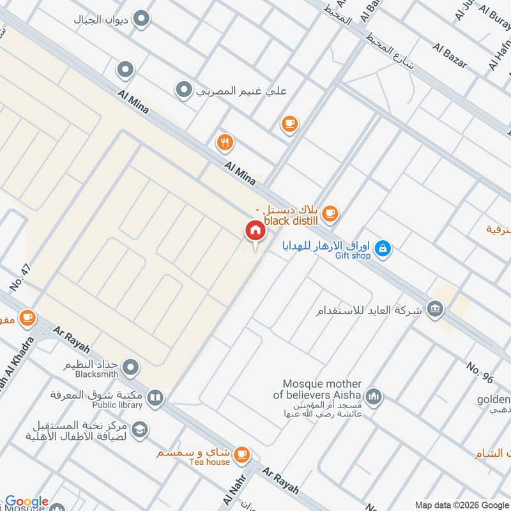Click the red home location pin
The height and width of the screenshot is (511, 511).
click(255, 230)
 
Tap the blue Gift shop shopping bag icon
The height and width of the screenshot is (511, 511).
click(383, 248)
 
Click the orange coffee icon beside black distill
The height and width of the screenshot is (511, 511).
click(330, 213)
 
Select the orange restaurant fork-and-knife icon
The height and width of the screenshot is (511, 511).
click(224, 142)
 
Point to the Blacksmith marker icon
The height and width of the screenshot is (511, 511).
click(132, 367)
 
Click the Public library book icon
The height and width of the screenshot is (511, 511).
click(154, 399)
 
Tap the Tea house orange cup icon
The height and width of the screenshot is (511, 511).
click(241, 454)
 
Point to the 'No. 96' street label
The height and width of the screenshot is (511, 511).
click(480, 372)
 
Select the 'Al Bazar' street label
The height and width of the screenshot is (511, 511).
click(450, 56)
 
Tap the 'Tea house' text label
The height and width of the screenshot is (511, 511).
click(209, 462)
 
